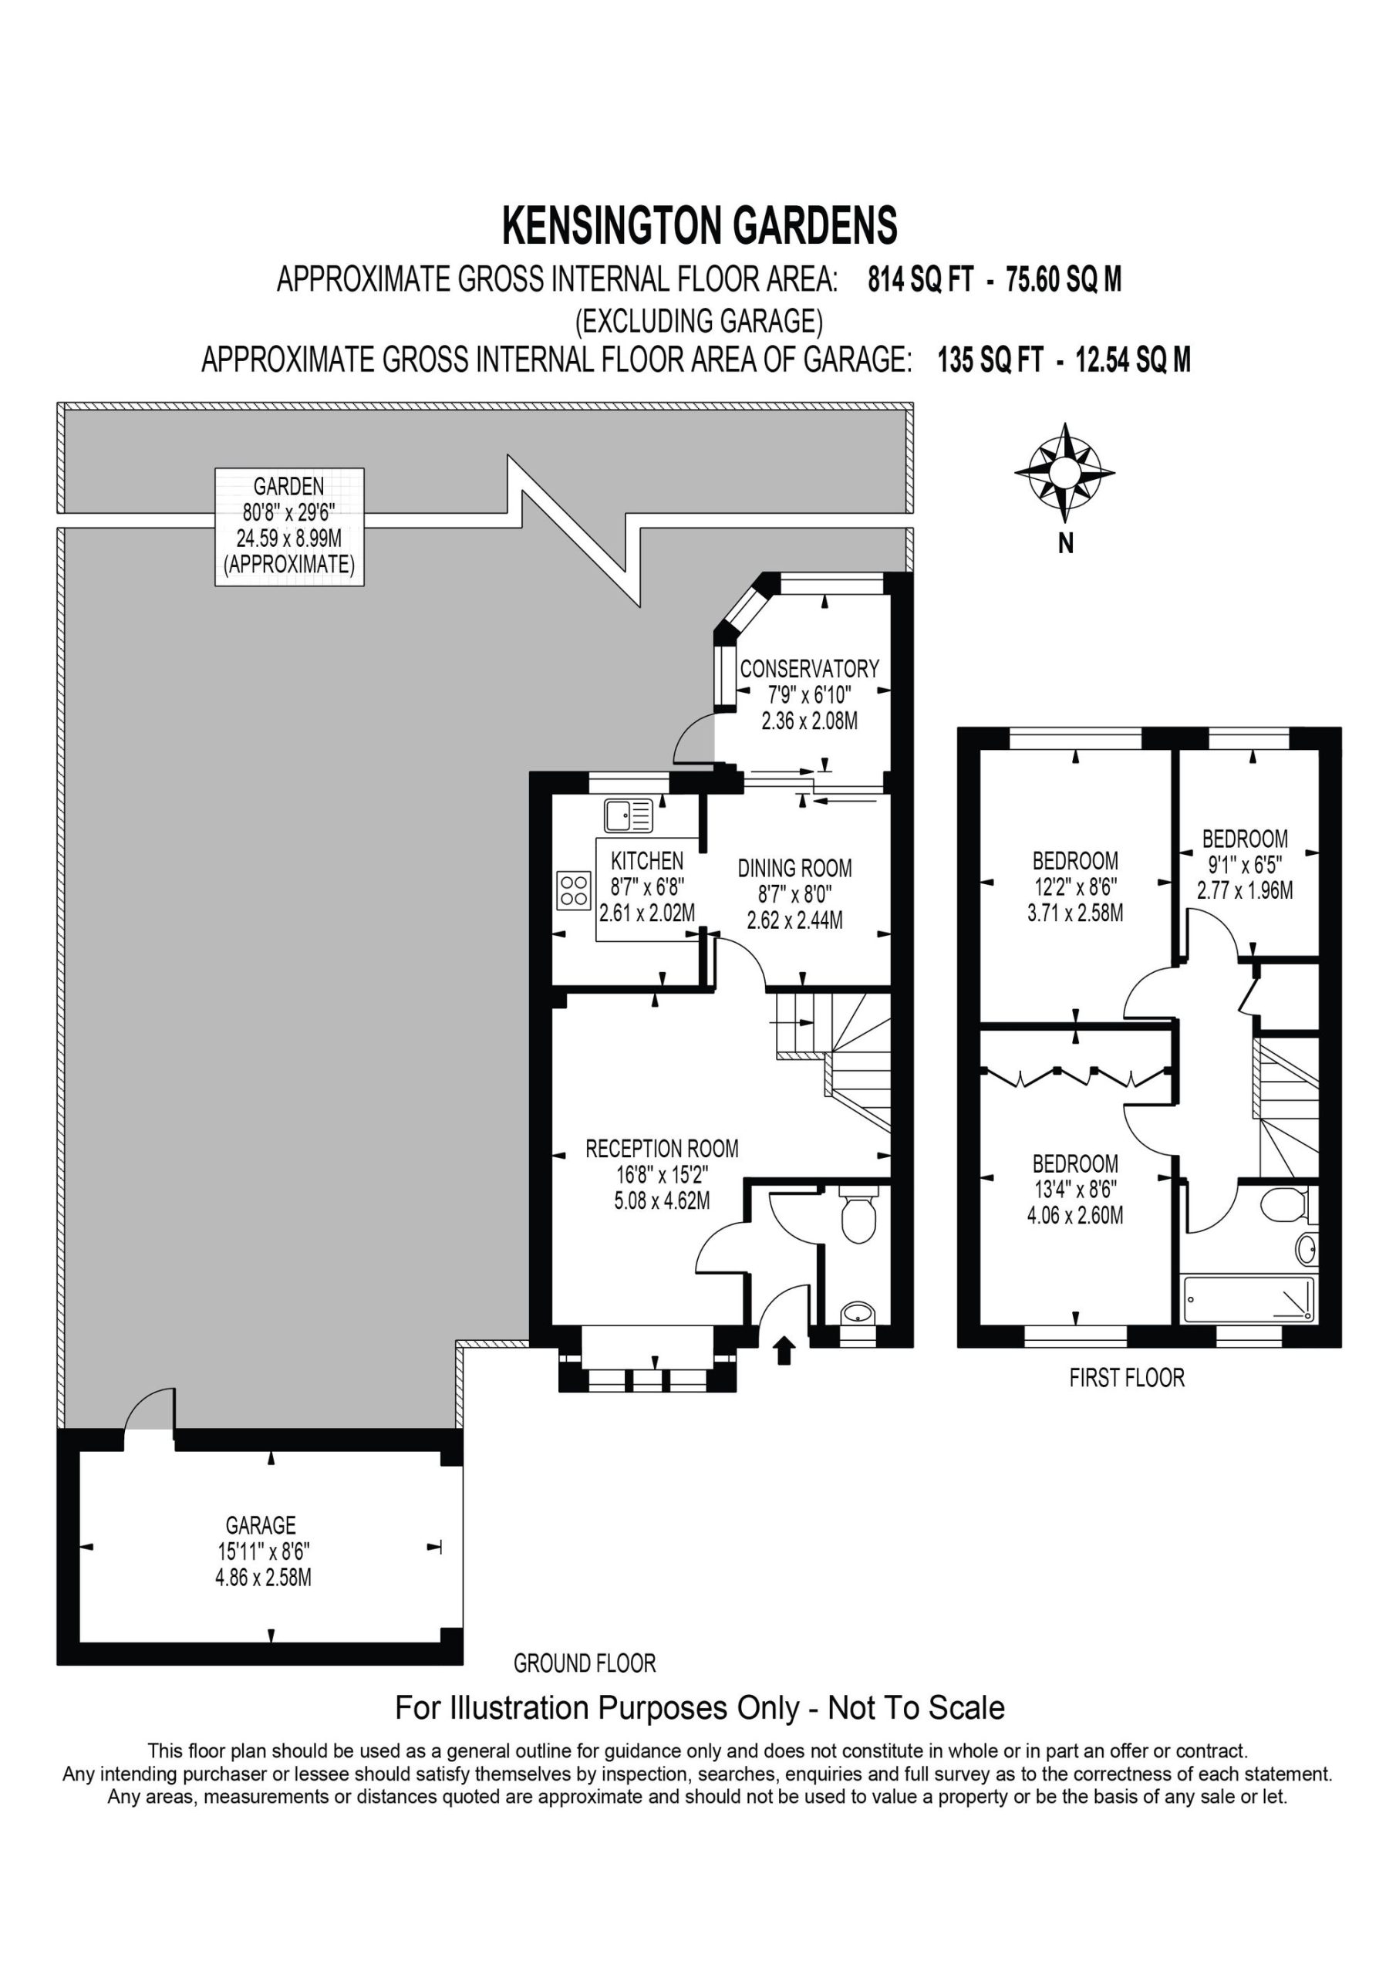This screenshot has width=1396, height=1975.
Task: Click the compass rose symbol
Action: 1064,472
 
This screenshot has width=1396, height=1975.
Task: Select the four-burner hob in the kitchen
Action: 574,890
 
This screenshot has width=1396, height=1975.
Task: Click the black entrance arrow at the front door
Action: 784,1351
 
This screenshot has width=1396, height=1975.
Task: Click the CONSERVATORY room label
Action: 809,668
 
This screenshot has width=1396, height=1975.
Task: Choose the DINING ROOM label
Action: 794,868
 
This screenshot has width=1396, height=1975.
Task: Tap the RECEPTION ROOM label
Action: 662,1149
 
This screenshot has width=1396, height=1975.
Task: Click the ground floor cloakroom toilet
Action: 857,1214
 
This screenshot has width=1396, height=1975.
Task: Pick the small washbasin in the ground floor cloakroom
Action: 857,1314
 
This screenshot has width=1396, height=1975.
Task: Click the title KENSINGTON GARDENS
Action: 700,225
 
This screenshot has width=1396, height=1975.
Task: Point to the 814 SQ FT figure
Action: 920,279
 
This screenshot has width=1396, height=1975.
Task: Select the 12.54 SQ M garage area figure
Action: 1134,359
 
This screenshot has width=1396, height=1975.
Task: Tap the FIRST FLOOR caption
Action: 1127,1378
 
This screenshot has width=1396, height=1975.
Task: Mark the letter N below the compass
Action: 1066,545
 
